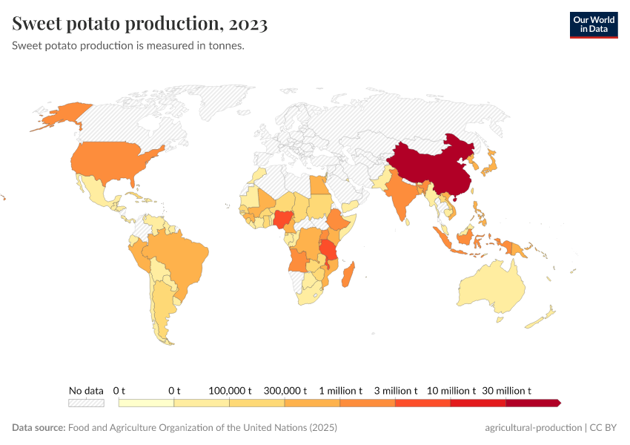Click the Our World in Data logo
click(x=593, y=24)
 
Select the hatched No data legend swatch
click(x=86, y=403)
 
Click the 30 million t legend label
click(x=507, y=390)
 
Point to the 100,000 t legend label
click(x=230, y=390)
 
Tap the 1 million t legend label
click(x=340, y=390)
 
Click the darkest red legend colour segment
click(x=532, y=403)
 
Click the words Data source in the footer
click(x=38, y=428)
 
